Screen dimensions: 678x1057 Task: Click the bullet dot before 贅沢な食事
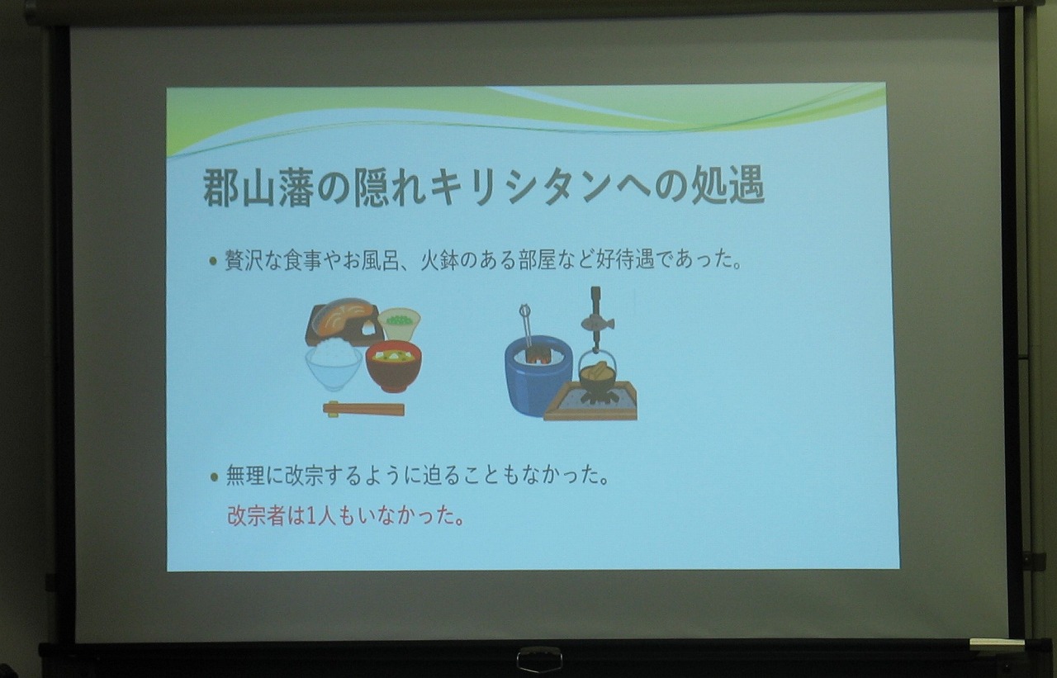coord(213,262)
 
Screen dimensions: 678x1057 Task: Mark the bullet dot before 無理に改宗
coord(213,477)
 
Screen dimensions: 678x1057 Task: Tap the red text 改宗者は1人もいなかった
coord(345,516)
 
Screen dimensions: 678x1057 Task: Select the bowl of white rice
coord(334,364)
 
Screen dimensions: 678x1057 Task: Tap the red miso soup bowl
coord(393,366)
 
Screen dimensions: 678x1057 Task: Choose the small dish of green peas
coord(399,321)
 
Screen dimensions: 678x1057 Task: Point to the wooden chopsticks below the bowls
coord(363,409)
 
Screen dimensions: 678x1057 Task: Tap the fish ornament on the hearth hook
coord(597,320)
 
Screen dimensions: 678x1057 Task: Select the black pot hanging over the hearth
coord(596,377)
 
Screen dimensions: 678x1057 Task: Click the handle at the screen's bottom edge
coord(539,658)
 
